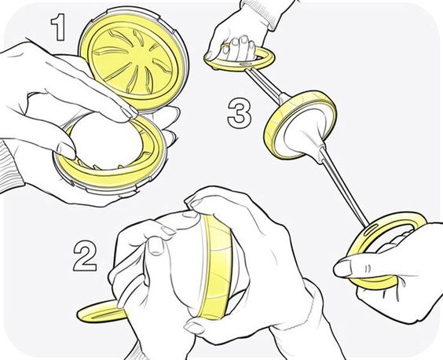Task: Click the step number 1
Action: (58, 28)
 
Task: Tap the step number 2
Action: (85, 256)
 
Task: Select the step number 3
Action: (240, 114)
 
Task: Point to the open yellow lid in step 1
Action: (134, 60)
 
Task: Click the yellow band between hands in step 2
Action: (216, 269)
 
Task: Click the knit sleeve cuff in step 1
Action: (11, 164)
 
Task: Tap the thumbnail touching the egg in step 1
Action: (67, 149)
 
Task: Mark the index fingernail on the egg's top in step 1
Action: (130, 111)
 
